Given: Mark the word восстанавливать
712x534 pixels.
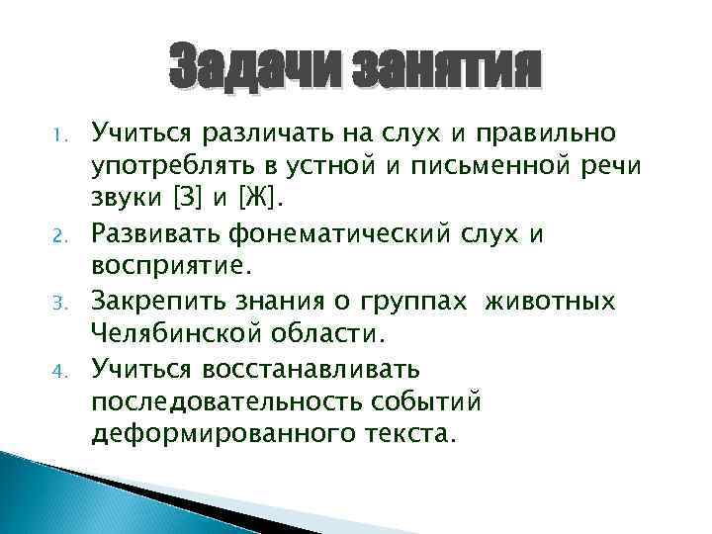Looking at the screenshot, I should [x=311, y=372].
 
